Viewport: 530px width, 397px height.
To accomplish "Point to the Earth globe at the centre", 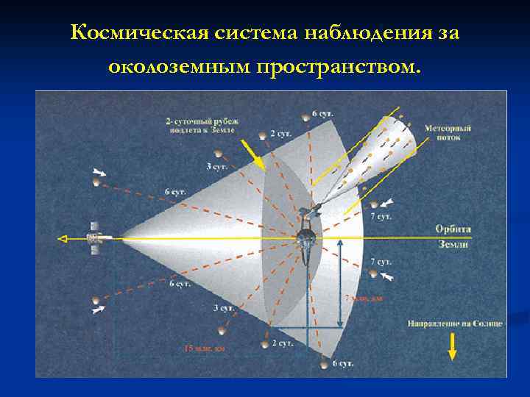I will click(305, 237).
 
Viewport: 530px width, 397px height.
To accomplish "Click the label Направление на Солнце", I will click(453, 323).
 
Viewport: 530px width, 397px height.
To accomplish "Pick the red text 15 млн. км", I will click(204, 348).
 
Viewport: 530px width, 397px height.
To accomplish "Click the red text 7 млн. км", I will click(364, 298).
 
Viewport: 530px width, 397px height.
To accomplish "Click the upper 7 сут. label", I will click(381, 217).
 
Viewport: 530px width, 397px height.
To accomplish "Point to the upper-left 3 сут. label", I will click(216, 167).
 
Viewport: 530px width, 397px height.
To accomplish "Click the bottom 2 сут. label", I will click(282, 343).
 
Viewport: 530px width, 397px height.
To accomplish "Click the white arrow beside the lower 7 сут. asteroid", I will click(388, 276).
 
